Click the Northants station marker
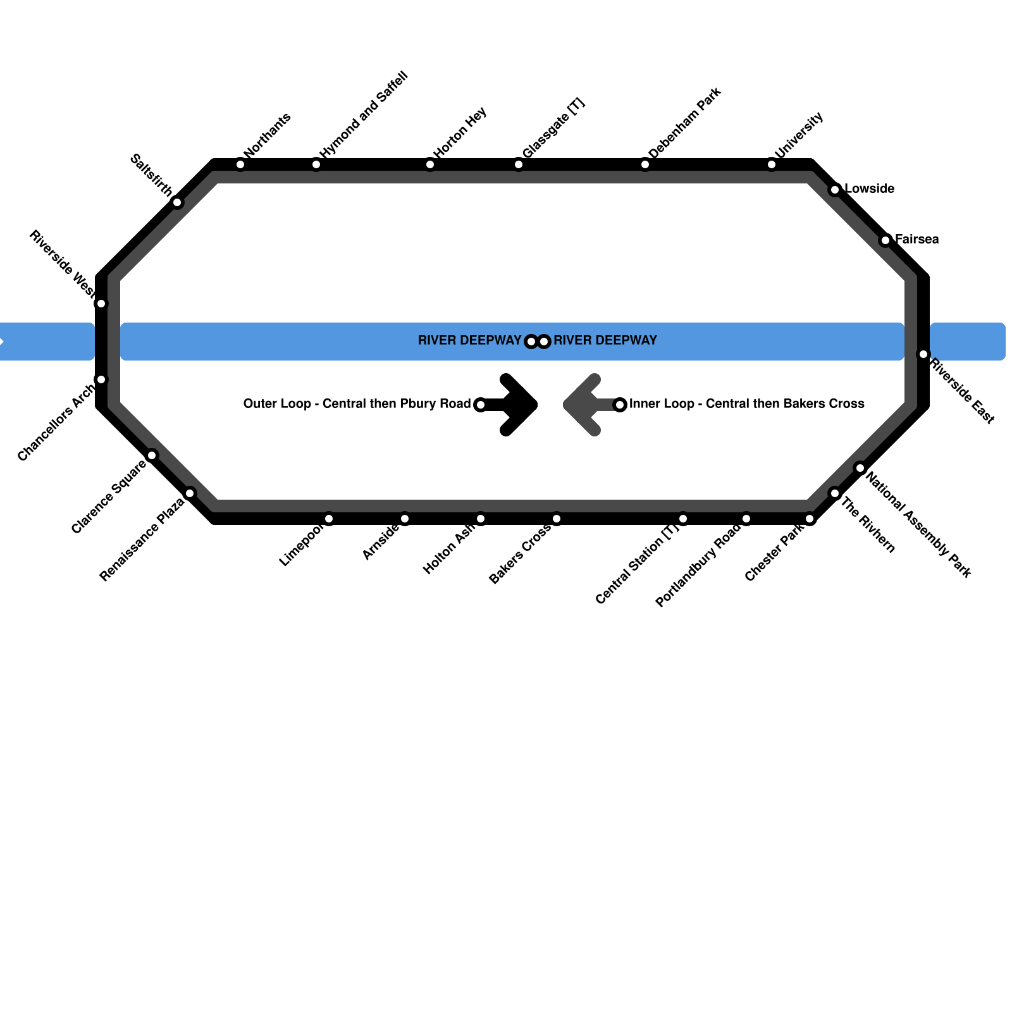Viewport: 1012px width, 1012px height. (240, 165)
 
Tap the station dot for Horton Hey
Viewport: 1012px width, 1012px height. (430, 165)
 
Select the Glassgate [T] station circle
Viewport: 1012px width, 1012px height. (519, 165)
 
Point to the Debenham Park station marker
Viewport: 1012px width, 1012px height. (645, 165)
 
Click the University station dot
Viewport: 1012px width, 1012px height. (772, 165)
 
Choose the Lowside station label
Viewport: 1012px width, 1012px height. (869, 189)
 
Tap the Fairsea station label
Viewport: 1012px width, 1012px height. (916, 240)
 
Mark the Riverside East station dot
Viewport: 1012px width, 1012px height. (923, 354)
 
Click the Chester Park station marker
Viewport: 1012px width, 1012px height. (810, 519)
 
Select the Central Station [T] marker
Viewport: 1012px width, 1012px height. (683, 519)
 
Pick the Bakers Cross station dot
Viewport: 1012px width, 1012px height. (557, 519)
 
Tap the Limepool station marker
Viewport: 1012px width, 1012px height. (329, 519)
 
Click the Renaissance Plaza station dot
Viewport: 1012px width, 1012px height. (190, 493)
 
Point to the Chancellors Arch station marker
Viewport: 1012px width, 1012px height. (101, 379)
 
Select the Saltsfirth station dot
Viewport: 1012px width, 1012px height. (177, 202)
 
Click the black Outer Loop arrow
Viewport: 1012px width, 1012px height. (515, 405)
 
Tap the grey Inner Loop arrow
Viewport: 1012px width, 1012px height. (585, 405)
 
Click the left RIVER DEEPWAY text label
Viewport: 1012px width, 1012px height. (469, 341)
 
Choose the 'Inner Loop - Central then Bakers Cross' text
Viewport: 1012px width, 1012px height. (746, 404)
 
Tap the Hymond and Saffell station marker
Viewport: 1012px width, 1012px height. (316, 165)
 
